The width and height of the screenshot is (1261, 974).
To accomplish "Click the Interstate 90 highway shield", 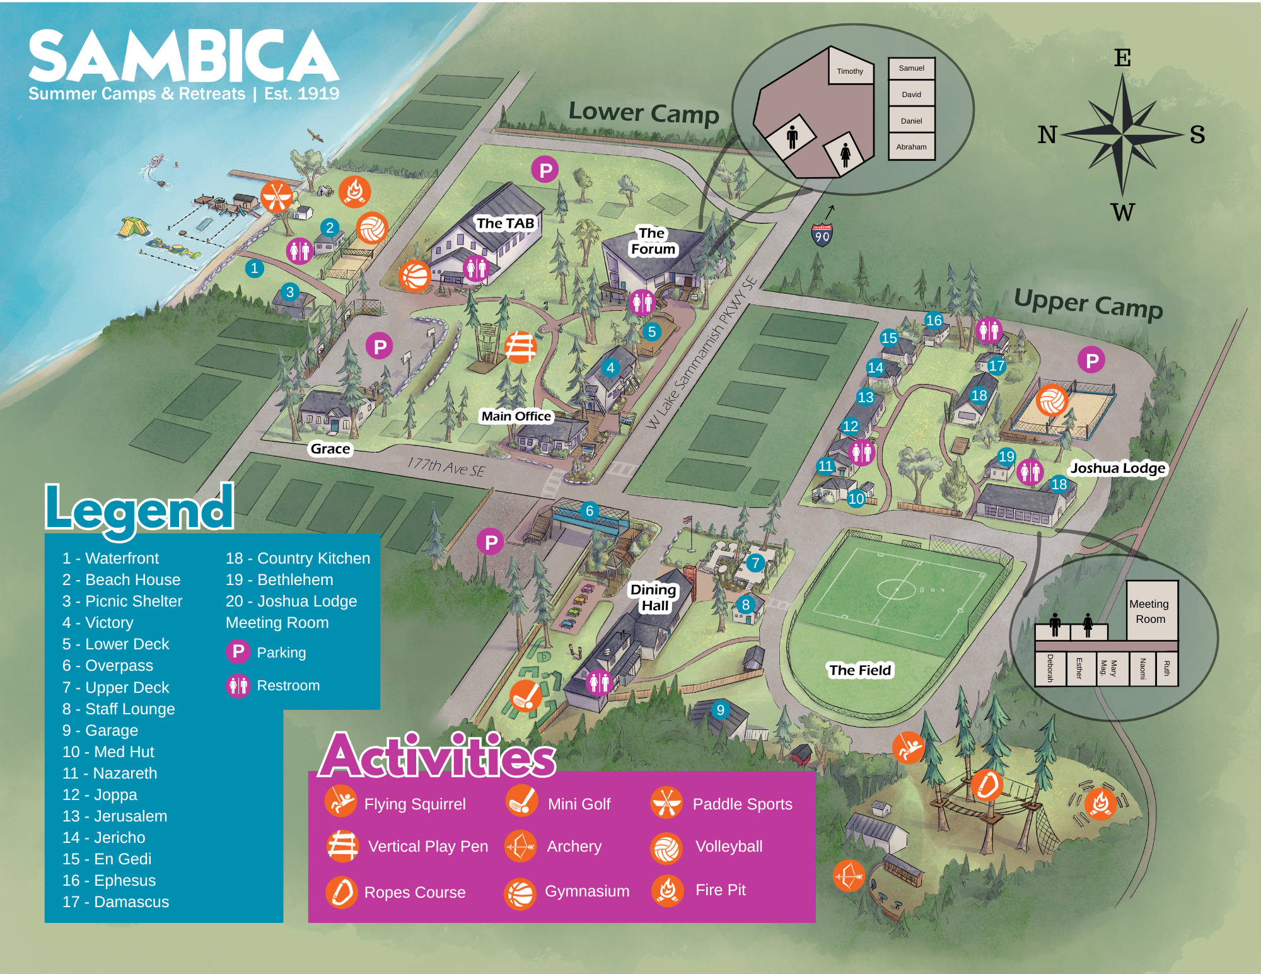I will (x=822, y=235).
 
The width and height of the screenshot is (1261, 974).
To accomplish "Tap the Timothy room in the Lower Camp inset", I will (x=850, y=71).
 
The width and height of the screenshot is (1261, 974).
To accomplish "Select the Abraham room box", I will (x=911, y=146).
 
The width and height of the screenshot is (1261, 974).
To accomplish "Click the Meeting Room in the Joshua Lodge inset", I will (x=1149, y=611).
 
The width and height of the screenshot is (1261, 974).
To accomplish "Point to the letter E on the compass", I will (x=1122, y=58).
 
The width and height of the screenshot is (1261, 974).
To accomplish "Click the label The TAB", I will (x=505, y=223).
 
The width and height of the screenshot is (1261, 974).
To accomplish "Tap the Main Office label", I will (x=516, y=416).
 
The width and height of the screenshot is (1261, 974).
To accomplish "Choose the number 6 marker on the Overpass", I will (x=590, y=510).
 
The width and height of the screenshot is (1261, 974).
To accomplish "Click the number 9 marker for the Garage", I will (x=720, y=710).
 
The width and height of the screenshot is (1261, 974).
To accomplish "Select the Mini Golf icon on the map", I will (x=526, y=696).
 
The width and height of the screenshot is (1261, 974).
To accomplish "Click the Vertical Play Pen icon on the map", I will (x=520, y=347).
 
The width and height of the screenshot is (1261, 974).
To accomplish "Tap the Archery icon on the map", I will (x=849, y=875).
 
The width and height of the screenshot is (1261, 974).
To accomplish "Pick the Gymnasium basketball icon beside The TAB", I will (x=415, y=276).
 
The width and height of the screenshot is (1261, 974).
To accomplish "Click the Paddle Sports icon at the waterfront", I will (x=277, y=196).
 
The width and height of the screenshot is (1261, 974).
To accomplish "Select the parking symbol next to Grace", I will (x=380, y=346).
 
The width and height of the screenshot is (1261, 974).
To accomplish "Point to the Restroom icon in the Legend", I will (x=238, y=685).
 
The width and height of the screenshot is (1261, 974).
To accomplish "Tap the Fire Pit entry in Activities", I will (x=719, y=890).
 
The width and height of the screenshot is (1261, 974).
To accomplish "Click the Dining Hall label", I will (x=654, y=597).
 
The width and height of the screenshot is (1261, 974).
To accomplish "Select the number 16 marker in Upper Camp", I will (x=934, y=320).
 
